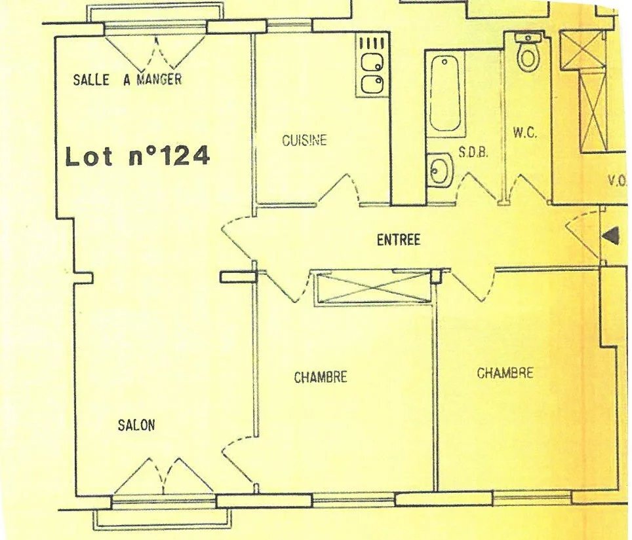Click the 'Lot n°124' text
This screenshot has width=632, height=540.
coord(138,157)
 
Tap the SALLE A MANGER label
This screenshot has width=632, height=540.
coord(127,80)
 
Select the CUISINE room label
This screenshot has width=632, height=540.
coord(304,140)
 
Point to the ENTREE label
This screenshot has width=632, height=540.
coord(398,240)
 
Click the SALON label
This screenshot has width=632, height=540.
coord(136,425)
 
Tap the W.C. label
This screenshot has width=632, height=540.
coord(525,133)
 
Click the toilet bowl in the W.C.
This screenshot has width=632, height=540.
coord(528,54)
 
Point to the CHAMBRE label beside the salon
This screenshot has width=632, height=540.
coord(320,378)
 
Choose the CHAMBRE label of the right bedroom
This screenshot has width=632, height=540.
coord(505,373)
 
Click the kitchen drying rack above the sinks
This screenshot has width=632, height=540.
coord(372,44)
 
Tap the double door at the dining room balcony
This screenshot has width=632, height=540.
coord(157,51)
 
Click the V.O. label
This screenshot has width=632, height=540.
coord(617,181)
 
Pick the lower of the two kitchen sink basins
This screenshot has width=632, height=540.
coord(372,84)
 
